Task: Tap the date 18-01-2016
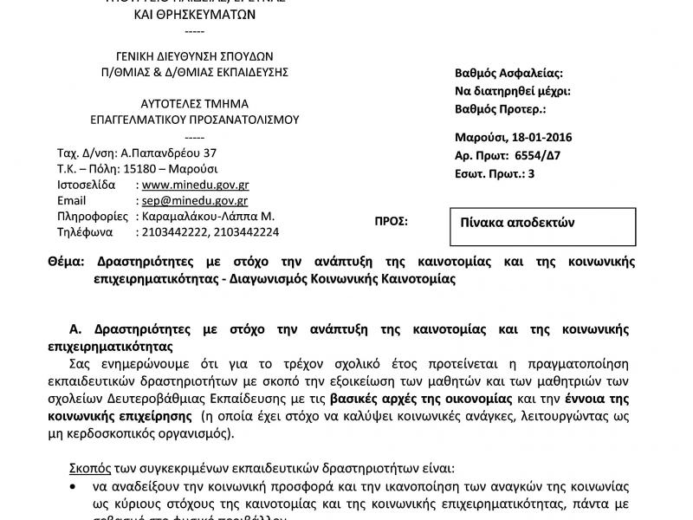[540, 137]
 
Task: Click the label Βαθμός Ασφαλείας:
[508, 73]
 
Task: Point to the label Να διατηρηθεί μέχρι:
[513, 91]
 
